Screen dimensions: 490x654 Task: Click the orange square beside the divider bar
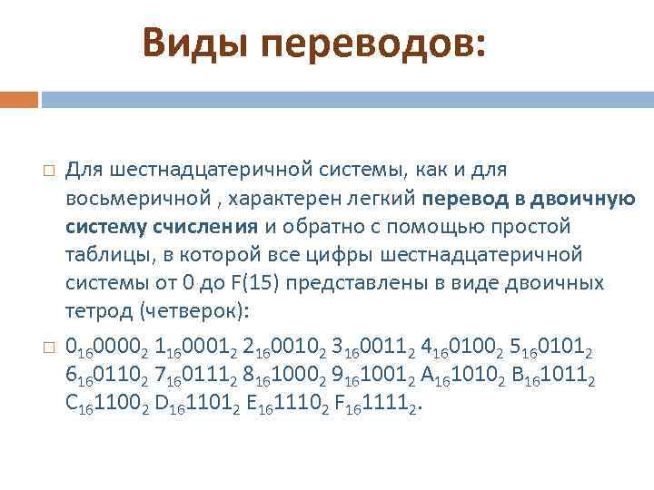point(19,98)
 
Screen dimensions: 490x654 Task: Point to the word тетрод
point(95,311)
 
